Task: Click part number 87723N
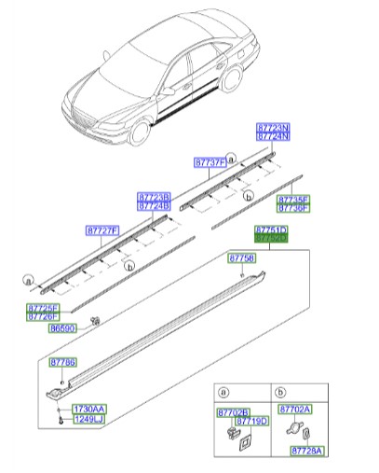point(274,128)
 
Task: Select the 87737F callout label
point(210,162)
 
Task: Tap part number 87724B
point(154,206)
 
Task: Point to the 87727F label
point(102,230)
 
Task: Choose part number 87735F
point(293,199)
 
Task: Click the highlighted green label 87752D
point(272,239)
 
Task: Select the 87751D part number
point(272,230)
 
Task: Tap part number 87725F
point(42,307)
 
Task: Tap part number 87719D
point(250,421)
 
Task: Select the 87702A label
point(295,410)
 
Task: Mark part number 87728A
point(306,451)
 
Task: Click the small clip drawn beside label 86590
point(95,322)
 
